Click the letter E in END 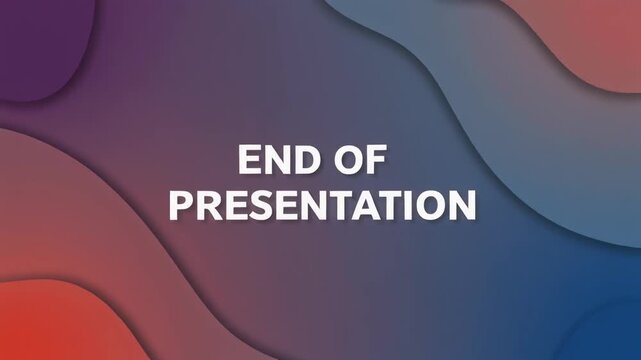click(x=250, y=161)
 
